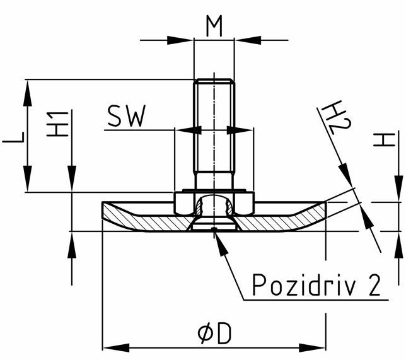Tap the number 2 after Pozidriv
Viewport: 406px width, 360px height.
[373, 285]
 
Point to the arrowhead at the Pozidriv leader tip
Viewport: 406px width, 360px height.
[218, 239]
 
